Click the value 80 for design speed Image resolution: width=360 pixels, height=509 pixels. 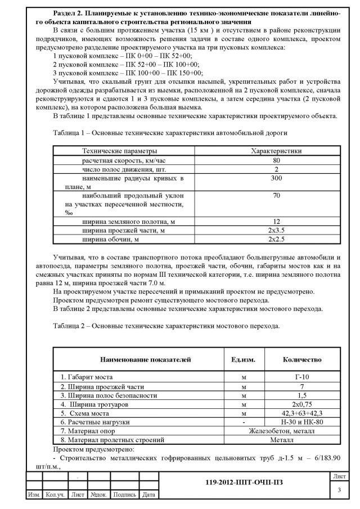pos(276,160)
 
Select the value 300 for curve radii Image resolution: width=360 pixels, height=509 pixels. pos(276,178)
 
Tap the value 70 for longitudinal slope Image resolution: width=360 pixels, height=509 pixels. pos(276,196)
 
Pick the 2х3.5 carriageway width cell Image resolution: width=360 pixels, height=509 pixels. pos(276,231)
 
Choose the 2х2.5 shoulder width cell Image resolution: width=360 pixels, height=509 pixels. pos(276,240)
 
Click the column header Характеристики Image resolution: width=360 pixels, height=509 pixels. pos(276,151)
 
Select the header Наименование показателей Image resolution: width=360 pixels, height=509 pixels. pos(145,359)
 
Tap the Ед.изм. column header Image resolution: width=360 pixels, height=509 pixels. pos(242,359)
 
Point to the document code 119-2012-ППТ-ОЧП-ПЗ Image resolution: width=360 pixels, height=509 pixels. pos(250,483)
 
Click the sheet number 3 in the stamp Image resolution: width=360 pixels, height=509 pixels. pos(339,490)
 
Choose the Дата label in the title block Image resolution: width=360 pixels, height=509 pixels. pos(148,495)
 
